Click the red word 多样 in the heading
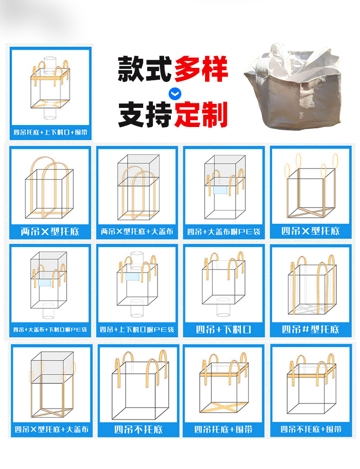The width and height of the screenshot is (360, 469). click(201, 69)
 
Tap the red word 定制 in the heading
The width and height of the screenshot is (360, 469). click(201, 115)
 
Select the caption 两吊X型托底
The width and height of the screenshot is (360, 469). click(50, 231)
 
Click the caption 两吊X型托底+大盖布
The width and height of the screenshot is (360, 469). click(137, 231)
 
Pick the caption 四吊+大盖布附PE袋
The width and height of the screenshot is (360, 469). click(223, 231)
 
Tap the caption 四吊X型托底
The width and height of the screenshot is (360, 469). click(310, 230)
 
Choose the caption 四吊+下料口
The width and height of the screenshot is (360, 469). click(223, 329)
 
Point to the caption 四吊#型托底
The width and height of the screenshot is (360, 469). click(310, 329)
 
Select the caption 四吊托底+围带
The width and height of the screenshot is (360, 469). click(223, 429)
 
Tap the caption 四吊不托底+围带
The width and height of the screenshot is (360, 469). click(310, 429)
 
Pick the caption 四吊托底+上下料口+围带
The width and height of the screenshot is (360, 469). click(50, 133)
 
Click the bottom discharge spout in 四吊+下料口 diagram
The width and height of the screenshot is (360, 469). click(223, 307)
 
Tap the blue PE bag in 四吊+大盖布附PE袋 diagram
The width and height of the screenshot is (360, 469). click(223, 189)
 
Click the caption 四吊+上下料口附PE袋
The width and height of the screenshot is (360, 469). click(137, 329)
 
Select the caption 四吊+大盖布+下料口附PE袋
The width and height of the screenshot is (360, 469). click(50, 329)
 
